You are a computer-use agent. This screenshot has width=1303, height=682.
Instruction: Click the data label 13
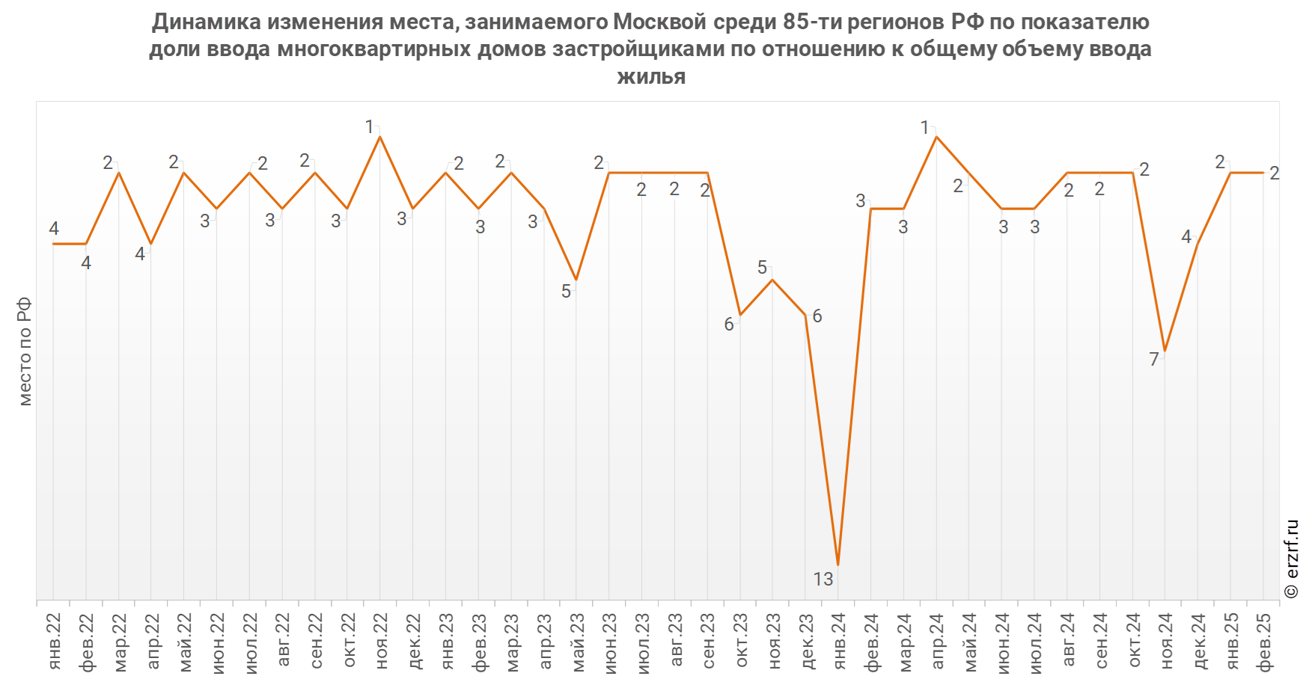pyautogui.click(x=823, y=579)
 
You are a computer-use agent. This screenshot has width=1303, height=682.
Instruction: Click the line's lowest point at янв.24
pyautogui.click(x=838, y=565)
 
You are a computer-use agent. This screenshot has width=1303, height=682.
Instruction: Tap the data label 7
pyautogui.click(x=1154, y=360)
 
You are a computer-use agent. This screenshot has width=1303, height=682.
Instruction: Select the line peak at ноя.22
pyautogui.click(x=380, y=137)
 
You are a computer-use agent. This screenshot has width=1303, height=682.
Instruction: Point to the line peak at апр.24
pyautogui.click(x=936, y=137)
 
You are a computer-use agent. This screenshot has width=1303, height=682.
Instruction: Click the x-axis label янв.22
pyautogui.click(x=54, y=641)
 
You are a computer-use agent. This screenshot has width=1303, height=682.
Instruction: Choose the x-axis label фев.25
pyautogui.click(x=1264, y=642)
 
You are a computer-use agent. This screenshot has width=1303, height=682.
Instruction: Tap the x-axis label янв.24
pyautogui.click(x=839, y=641)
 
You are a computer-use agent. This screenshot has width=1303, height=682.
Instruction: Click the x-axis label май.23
pyautogui.click(x=577, y=642)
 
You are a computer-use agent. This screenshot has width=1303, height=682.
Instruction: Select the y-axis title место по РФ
pyautogui.click(x=25, y=351)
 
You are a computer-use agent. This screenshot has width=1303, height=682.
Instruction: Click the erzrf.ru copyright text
pyautogui.click(x=1292, y=559)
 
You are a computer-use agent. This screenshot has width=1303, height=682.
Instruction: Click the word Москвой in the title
pyautogui.click(x=659, y=22)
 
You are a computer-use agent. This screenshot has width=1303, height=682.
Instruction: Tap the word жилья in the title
pyautogui.click(x=651, y=76)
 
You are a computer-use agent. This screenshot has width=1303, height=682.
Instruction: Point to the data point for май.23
pyautogui.click(x=576, y=280)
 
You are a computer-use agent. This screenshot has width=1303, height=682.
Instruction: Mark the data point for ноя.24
pyautogui.click(x=1165, y=351)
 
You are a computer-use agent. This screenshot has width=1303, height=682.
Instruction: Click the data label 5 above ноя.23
pyautogui.click(x=762, y=268)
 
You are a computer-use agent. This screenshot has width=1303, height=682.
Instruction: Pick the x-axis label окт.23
pyautogui.click(x=741, y=641)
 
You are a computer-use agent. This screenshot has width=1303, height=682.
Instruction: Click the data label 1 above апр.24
pyautogui.click(x=925, y=128)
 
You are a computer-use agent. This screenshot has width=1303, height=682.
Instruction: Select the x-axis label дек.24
pyautogui.click(x=1199, y=641)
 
